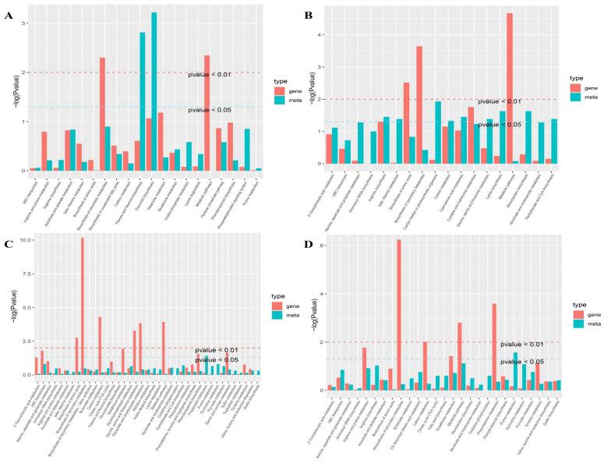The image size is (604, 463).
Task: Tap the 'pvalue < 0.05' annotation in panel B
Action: [x=500, y=125]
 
